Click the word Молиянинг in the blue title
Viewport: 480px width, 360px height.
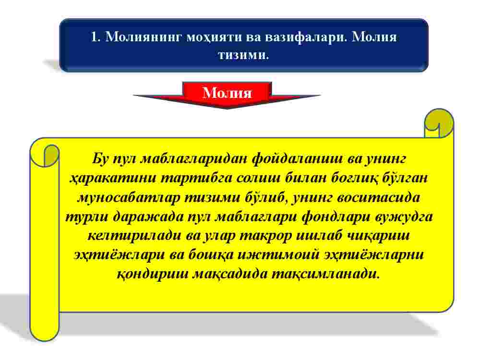[x=144, y=37]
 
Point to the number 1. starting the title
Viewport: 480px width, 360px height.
[x=96, y=37]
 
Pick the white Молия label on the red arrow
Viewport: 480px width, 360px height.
[x=227, y=93]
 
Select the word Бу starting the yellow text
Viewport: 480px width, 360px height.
[x=100, y=159]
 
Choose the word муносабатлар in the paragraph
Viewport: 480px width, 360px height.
[x=129, y=197]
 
